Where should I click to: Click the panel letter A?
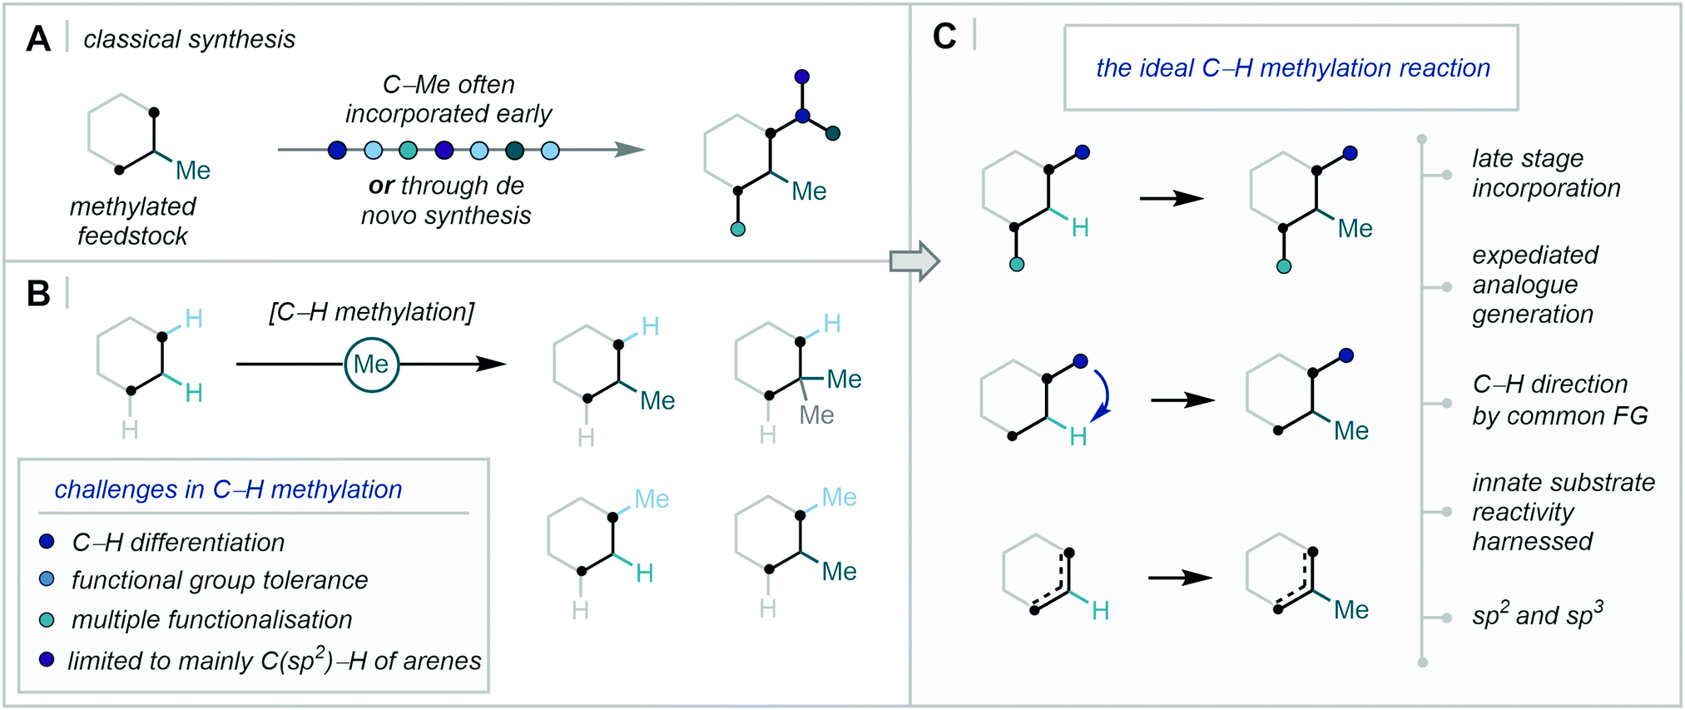click(38, 39)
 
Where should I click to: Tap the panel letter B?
click(38, 294)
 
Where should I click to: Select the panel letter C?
click(944, 36)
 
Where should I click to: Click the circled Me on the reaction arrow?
click(371, 364)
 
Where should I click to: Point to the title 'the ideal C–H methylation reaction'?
click(1292, 68)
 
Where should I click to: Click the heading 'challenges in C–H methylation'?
click(228, 489)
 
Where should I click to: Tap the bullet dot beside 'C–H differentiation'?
click(47, 541)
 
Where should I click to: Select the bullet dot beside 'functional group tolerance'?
click(47, 579)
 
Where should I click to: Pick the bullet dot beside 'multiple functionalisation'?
click(47, 619)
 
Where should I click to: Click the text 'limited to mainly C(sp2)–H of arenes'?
click(275, 659)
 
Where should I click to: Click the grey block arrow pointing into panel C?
click(914, 261)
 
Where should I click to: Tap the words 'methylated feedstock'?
click(132, 221)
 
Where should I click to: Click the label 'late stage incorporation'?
click(1546, 173)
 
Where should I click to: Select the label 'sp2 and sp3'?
click(1538, 614)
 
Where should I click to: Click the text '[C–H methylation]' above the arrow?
click(371, 312)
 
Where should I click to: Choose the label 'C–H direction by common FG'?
click(1559, 400)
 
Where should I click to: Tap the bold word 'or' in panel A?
click(381, 186)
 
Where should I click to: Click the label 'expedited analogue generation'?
click(1535, 285)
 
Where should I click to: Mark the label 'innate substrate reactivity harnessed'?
click(1564, 512)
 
